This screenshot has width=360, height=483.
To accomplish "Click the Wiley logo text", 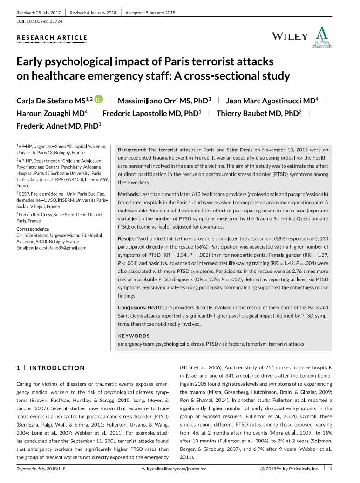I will (x=289, y=37).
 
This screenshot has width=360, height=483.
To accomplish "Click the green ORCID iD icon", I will (x=98, y=100).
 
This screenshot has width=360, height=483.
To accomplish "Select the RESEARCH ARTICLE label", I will (x=52, y=38).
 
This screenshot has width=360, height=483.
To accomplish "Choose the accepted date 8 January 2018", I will (x=149, y=13).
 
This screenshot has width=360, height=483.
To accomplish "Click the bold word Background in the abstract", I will (x=132, y=150).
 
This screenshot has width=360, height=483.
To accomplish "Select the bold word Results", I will (x=127, y=238).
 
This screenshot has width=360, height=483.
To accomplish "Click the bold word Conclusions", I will (x=132, y=308).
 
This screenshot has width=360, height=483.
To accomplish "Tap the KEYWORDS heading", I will (x=134, y=336).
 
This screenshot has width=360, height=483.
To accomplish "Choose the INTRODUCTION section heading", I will (x=57, y=368).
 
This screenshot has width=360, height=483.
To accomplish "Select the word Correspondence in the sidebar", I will (x=33, y=229).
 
